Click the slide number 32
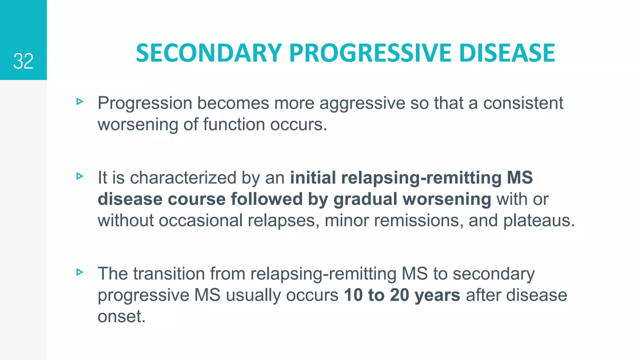point(23,61)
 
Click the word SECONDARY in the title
point(209,53)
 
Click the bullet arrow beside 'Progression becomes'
point(80,101)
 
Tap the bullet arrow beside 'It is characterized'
point(80,176)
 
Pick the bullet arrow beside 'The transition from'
point(80,272)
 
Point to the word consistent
point(523,103)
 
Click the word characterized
point(183,178)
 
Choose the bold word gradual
point(365,200)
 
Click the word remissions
point(418,221)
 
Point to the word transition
point(169,274)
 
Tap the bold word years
point(437,296)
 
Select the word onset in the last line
point(121,317)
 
